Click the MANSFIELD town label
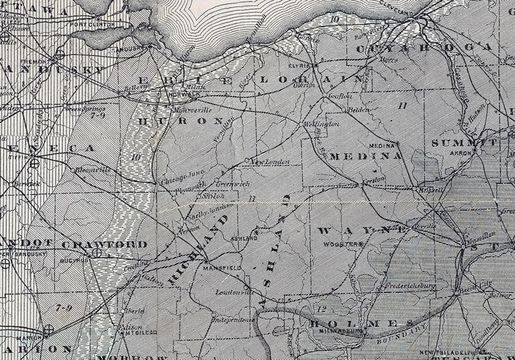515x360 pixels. click(222, 268)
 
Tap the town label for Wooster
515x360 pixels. click(342, 244)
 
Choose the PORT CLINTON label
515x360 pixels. click(97, 25)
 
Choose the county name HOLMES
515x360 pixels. click(361, 323)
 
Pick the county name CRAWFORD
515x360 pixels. click(104, 245)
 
